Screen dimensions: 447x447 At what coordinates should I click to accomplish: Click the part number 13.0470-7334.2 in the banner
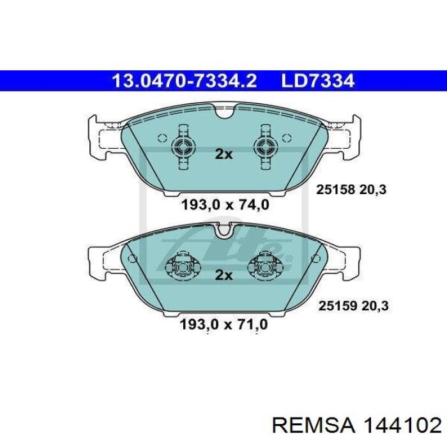[185, 81]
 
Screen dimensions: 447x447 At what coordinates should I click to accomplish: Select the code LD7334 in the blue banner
[317, 81]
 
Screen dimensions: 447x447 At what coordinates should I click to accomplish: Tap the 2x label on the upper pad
[223, 155]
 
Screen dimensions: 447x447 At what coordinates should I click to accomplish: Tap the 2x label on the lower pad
[223, 275]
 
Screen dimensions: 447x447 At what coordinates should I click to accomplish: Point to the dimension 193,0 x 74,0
[225, 204]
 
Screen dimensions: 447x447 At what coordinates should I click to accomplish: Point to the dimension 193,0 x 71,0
[223, 324]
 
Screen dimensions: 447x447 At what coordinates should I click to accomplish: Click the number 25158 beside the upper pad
[335, 189]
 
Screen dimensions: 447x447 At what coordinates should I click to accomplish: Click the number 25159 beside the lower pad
[338, 306]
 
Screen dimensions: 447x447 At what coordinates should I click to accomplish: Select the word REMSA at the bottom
[314, 426]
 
